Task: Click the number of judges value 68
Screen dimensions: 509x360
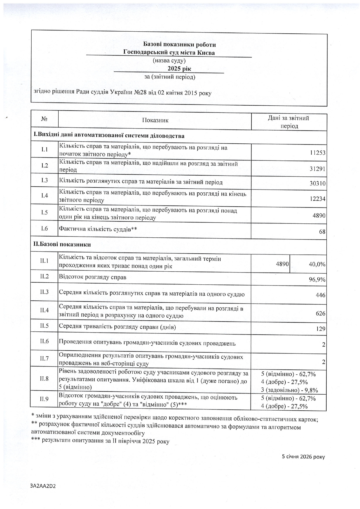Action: (322, 232)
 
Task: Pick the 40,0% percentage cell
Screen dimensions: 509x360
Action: (317, 264)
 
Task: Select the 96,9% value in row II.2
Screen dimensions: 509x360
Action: (317, 280)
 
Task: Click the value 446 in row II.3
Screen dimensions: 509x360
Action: (321, 295)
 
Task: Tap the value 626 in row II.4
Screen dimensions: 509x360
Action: (321, 314)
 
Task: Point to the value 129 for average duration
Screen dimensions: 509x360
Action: (321, 329)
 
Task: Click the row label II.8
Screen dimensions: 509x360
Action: (44, 378)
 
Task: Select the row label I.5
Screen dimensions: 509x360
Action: (44, 212)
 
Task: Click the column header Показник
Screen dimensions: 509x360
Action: (155, 120)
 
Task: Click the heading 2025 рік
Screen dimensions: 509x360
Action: (179, 69)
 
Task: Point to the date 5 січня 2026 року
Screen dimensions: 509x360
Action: (303, 457)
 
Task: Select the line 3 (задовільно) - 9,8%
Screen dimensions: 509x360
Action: (289, 390)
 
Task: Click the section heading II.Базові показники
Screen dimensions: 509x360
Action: (62, 244)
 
